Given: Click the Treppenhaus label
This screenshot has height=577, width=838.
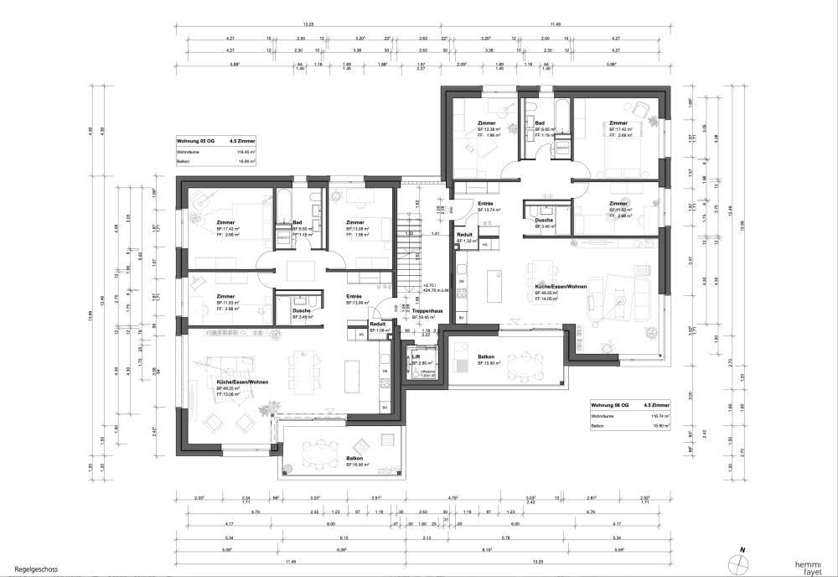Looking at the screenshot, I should tap(426, 311).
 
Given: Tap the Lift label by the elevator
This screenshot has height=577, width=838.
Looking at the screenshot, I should tap(416, 356).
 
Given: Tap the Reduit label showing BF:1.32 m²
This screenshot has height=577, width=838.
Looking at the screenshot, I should tap(465, 235).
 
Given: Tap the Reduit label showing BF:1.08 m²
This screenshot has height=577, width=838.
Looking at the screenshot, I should tap(377, 324).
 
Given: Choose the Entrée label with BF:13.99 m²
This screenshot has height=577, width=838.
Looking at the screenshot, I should tap(354, 296).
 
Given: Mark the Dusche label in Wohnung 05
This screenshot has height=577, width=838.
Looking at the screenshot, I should tap(301, 311).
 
